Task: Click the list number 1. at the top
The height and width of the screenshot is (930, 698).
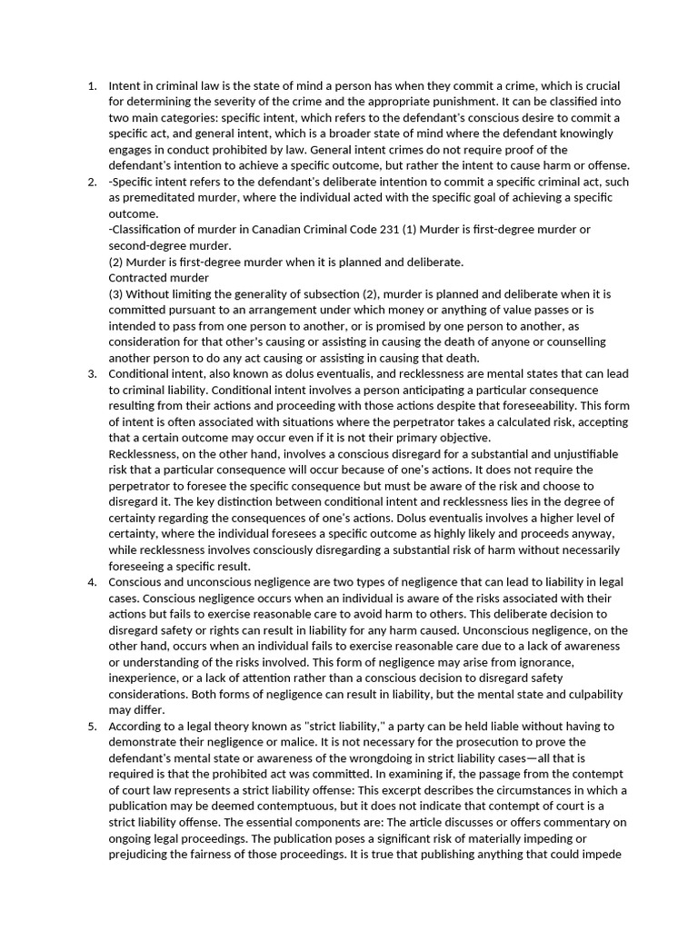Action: (x=92, y=86)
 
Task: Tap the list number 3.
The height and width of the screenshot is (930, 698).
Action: (x=92, y=374)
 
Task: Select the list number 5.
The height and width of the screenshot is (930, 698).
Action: (x=92, y=727)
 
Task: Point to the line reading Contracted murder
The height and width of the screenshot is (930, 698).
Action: (x=158, y=278)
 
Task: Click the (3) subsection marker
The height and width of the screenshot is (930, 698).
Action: (x=115, y=294)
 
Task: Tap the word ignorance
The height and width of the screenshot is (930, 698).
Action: (x=545, y=662)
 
